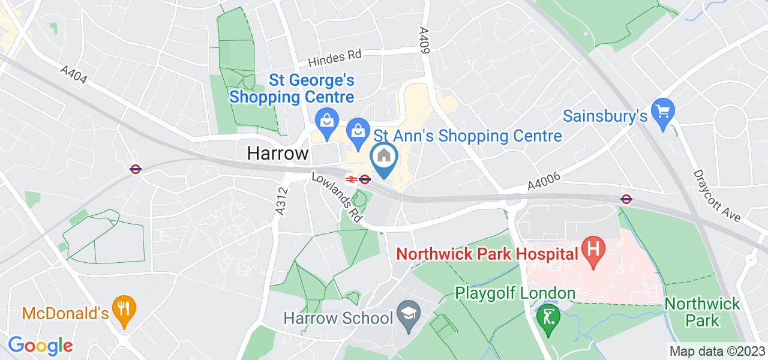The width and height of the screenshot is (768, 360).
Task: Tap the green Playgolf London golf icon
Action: pos(548,315)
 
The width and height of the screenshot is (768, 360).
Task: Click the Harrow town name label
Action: pos(277,154)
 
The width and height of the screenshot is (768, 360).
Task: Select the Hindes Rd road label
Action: pos(335,58)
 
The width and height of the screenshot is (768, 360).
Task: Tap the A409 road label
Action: pos(425,41)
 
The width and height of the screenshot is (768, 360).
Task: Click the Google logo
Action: pos(40,346)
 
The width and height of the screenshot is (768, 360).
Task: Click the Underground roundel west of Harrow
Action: pos(136,169)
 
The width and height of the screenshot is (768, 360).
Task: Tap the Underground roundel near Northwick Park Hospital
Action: pos(625,198)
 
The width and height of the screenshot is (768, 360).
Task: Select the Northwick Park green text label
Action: pos(703,312)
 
